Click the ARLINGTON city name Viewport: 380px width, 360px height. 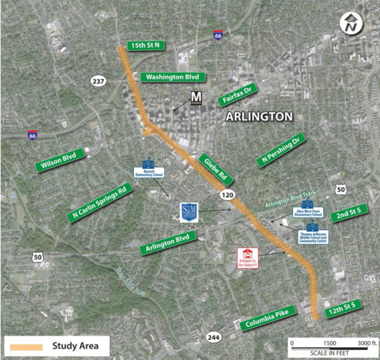coord(259,117)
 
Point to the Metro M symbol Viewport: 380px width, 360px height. coord(196,98)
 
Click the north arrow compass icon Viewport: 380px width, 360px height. coord(350,26)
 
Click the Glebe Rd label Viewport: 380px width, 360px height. coord(216,169)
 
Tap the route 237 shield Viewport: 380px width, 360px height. coord(99,81)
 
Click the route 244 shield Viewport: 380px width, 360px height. coord(214,337)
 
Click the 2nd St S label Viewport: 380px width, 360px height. coord(349,213)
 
